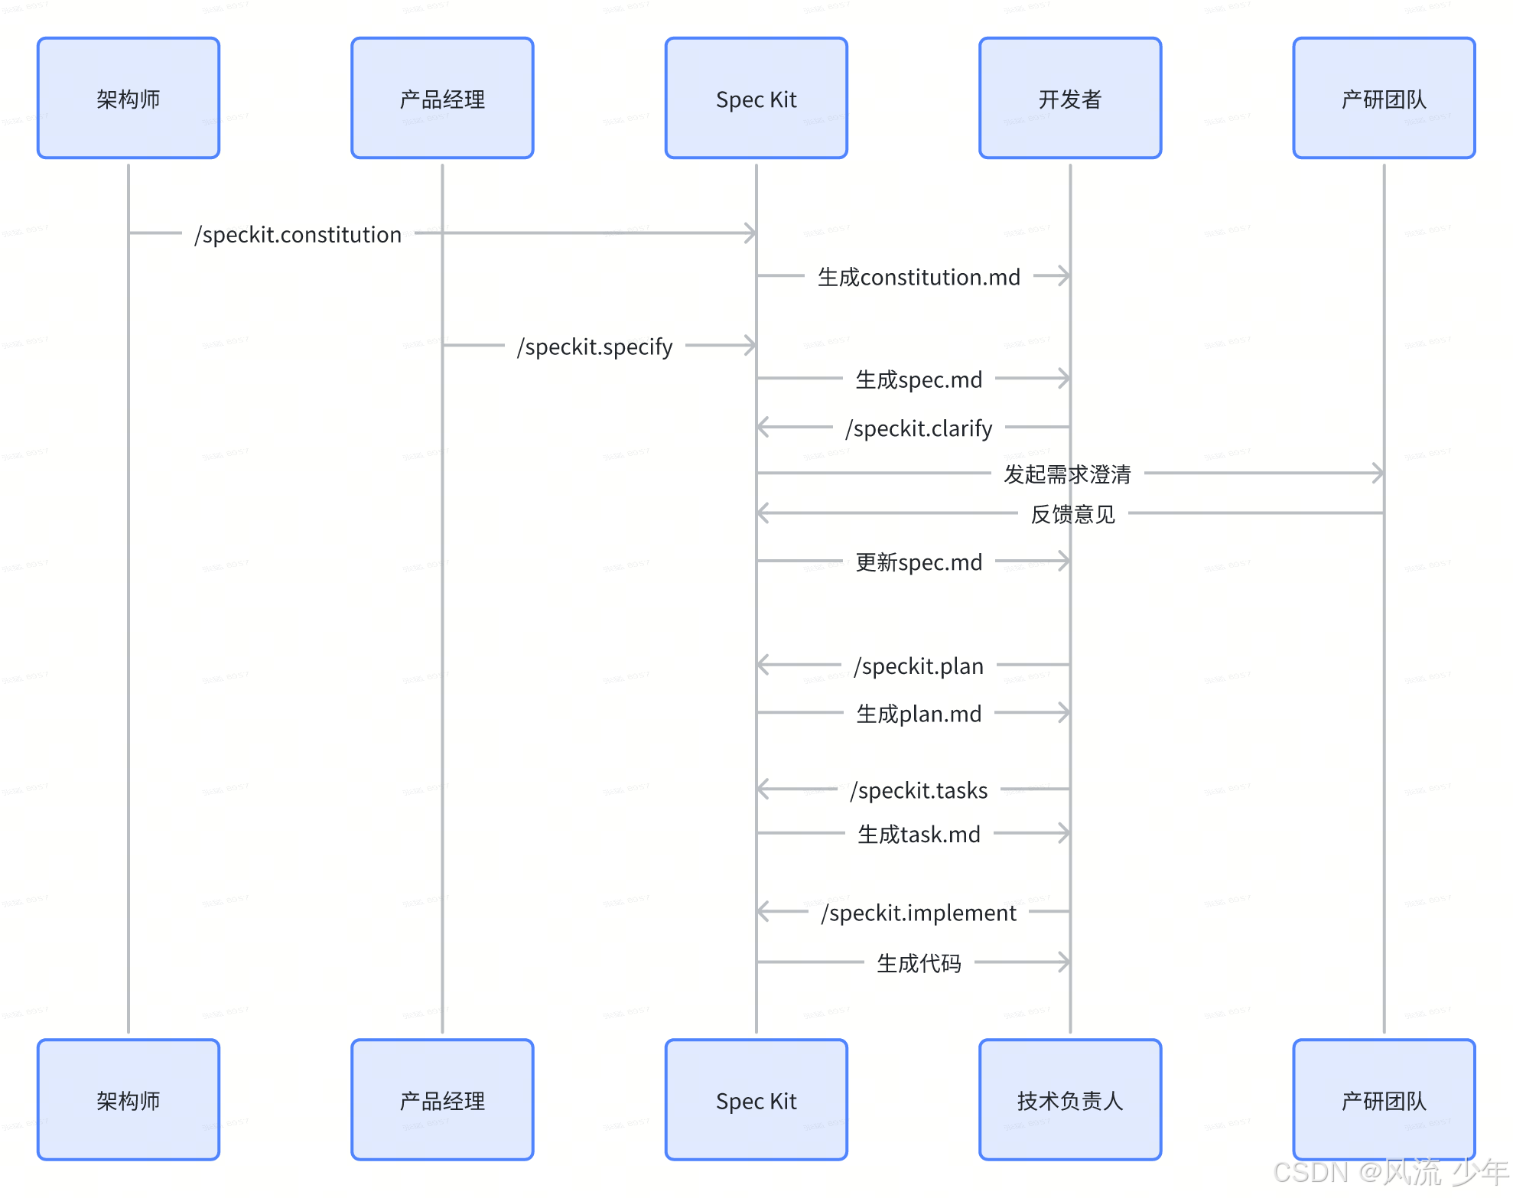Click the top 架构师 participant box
point(129,99)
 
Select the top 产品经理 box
point(442,99)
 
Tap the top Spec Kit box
point(756,99)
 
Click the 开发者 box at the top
point(1070,99)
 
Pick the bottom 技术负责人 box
point(1070,1100)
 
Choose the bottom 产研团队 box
point(1384,1100)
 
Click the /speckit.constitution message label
point(298,234)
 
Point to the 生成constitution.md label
point(919,277)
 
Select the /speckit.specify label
point(595,347)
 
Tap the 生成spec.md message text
point(919,379)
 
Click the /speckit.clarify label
point(919,428)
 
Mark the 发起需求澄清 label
point(1067,474)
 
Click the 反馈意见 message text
point(1072,514)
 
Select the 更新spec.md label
point(919,562)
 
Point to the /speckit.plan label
point(919,666)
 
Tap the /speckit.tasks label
point(919,790)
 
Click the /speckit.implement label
point(919,913)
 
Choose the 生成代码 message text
point(919,963)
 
